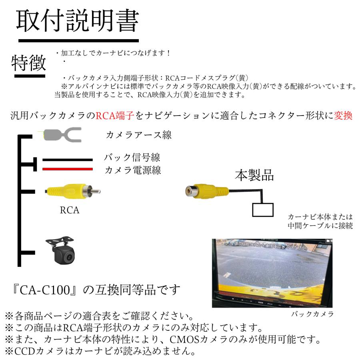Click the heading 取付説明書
pos(77,21)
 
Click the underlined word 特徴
pos(28,63)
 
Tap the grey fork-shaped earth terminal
pos(62,134)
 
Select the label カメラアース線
pos(138,135)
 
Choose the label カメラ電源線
pos(133,170)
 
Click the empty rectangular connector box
pos(262,210)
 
